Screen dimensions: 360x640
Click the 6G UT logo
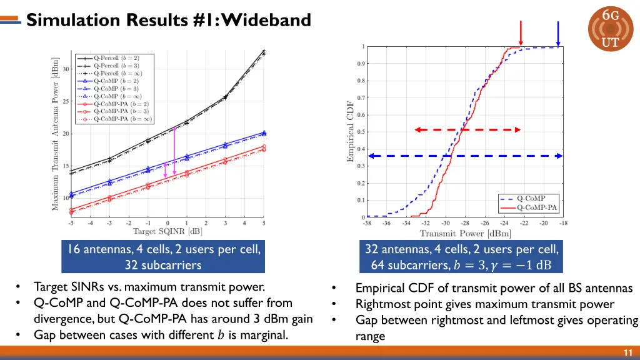click(610, 29)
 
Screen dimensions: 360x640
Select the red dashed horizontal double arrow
click(467, 130)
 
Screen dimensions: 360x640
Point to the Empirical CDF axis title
click(351, 132)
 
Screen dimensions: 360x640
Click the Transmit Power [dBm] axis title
click(465, 234)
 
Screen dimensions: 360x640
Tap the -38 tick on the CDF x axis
click(367, 223)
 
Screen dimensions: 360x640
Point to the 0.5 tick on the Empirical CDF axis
click(361, 132)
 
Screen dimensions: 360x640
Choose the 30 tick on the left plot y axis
click(66, 69)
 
